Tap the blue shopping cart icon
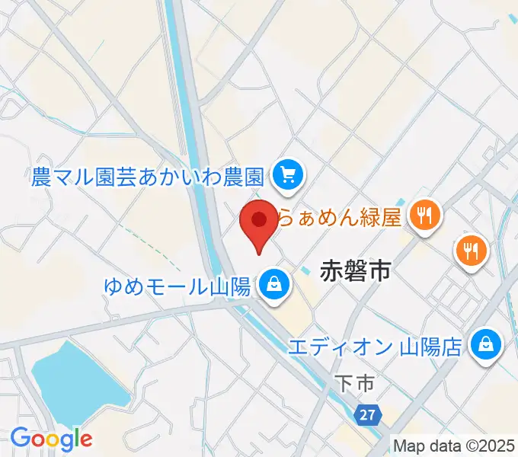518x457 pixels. [288, 177]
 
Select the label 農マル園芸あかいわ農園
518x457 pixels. [148, 177]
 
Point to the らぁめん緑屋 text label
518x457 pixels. [337, 219]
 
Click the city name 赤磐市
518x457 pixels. [356, 270]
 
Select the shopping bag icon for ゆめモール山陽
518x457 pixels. [272, 286]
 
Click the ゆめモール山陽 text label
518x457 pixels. [180, 287]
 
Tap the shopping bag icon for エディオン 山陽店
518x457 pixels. [484, 347]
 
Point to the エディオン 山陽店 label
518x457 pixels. [375, 347]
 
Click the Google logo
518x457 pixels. [51, 438]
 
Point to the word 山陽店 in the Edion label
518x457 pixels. [432, 347]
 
